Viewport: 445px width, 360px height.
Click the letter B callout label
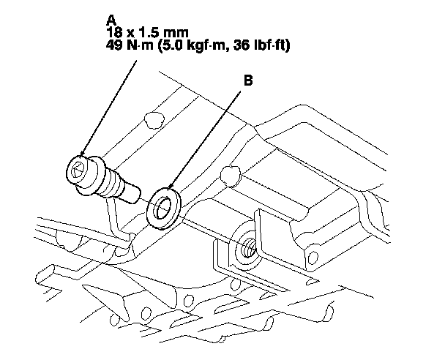coord(248,83)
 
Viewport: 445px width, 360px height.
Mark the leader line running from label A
coord(110,102)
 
